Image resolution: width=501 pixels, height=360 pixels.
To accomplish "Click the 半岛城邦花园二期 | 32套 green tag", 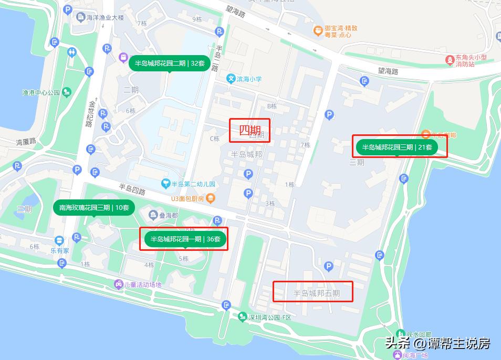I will (169, 63).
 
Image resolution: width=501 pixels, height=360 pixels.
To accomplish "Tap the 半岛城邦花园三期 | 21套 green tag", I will (397, 147).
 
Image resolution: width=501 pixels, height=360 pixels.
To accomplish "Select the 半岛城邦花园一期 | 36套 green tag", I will (185, 239).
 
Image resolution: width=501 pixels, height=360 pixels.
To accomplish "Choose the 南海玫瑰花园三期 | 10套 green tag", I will (94, 207).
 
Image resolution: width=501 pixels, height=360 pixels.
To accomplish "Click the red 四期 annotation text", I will (250, 130).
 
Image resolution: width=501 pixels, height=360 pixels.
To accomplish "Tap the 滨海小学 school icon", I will (231, 79).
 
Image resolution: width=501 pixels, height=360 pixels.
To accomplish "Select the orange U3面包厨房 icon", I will (210, 198).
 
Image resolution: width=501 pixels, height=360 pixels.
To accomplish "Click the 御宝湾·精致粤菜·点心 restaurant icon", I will (318, 30).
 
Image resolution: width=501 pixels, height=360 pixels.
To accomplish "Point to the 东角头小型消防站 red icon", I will (450, 60).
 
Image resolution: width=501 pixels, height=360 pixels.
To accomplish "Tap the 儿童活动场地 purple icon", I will (119, 284).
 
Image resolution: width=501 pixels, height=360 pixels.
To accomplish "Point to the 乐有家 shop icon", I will (59, 241).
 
